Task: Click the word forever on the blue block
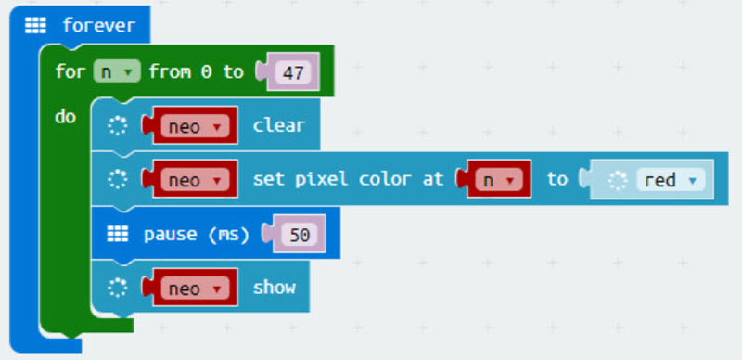98,26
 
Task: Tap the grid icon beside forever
35,26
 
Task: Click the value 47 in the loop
293,72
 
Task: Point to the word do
66,118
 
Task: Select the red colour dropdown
668,180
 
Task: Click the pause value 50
299,234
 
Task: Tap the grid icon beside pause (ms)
117,234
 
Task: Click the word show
275,289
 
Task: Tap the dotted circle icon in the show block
117,289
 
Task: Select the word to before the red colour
556,179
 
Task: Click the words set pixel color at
348,179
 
